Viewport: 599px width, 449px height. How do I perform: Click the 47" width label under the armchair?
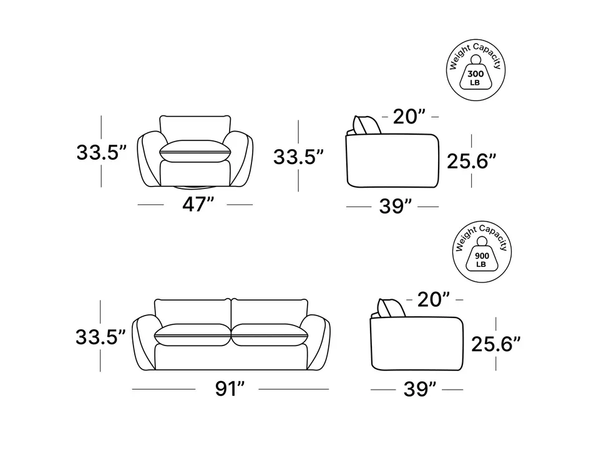click(x=198, y=205)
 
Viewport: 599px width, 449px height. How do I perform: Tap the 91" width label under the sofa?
click(x=230, y=389)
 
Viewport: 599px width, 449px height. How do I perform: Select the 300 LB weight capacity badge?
click(x=475, y=70)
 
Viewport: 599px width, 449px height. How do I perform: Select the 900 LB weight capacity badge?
click(x=482, y=252)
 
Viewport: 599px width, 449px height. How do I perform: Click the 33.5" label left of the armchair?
click(x=101, y=152)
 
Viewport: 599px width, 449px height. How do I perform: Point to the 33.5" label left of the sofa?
click(x=100, y=337)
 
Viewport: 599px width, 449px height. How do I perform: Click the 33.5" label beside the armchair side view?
click(x=298, y=157)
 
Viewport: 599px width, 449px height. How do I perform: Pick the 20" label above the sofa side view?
click(x=433, y=299)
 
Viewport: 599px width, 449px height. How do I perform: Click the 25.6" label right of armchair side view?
click(x=472, y=161)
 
